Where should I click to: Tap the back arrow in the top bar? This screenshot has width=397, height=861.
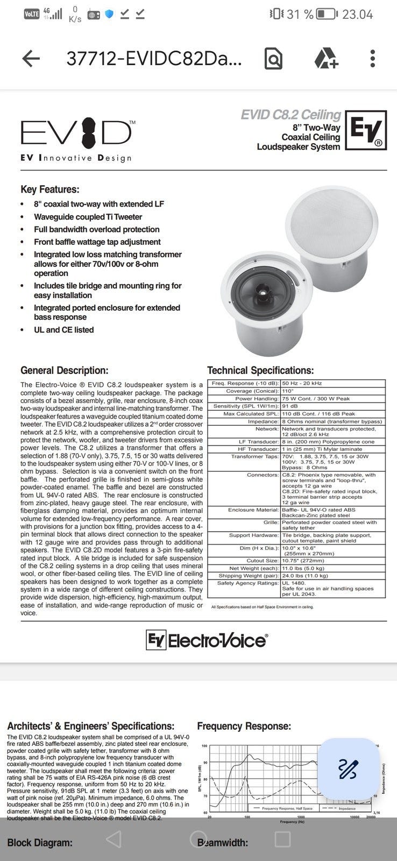(31, 58)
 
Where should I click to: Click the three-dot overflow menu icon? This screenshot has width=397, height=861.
(372, 58)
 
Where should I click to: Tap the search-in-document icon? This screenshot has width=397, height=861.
(273, 58)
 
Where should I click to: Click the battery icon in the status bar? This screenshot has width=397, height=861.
(326, 14)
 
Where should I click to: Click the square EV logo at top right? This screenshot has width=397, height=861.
(366, 130)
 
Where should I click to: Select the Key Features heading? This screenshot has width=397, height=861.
(49, 189)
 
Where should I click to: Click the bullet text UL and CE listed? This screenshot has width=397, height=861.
(63, 330)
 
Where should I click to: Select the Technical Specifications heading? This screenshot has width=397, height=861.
(260, 370)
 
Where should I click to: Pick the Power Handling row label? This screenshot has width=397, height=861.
(257, 399)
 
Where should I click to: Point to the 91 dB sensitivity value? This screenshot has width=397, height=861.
(290, 406)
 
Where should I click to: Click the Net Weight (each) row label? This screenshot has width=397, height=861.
(254, 568)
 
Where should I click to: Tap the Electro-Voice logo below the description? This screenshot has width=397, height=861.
(207, 640)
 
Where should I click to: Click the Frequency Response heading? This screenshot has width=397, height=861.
(244, 726)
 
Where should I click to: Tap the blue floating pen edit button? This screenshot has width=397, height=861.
(348, 769)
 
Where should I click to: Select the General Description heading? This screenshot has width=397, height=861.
(64, 370)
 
